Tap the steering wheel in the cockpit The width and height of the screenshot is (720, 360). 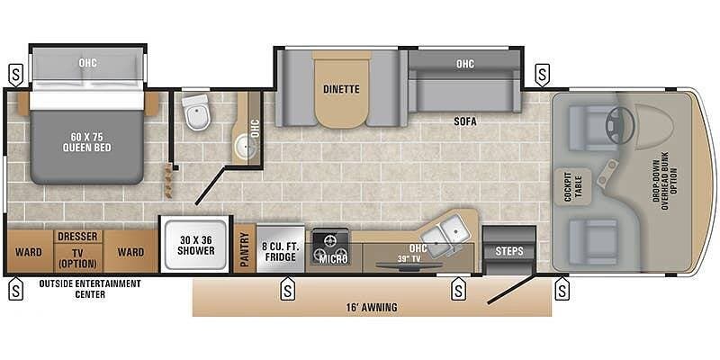pos(620,124)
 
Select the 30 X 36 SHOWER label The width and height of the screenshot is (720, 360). pos(196,246)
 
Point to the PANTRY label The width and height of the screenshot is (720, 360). pos(244,249)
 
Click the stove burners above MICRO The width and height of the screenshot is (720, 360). pos(330,247)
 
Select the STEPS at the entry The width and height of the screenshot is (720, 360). pos(508,250)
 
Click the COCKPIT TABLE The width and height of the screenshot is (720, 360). pos(571,186)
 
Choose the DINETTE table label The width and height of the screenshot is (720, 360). pos(341,89)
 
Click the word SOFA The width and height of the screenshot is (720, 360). pos(465,121)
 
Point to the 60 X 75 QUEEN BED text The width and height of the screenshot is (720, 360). pos(86,143)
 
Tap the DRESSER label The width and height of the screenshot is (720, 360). pos(77,236)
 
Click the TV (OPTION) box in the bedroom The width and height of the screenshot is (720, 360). pos(77,258)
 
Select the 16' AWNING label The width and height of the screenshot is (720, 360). pos(373,307)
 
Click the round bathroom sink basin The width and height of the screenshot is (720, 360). pos(246,147)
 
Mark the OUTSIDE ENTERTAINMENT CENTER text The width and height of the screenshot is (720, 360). pos(90,288)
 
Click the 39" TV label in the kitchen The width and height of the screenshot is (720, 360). pos(410,258)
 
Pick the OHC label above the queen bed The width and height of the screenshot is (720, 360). pos(87,63)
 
